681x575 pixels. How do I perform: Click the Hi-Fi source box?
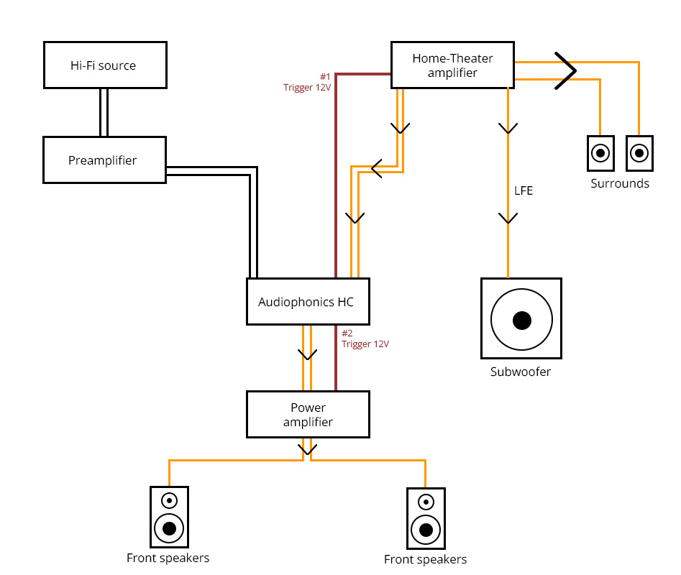pos(105,65)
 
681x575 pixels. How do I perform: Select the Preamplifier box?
pos(105,160)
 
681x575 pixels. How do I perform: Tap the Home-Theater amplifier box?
pos(452,65)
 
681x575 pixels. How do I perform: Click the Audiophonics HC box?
pos(308,302)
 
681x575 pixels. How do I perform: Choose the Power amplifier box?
pos(308,415)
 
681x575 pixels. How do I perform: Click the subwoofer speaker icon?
pos(521,319)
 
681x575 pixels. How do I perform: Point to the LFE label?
pos(523,191)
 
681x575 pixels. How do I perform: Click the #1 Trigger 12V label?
pos(308,82)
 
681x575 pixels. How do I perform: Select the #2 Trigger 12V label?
pos(365,339)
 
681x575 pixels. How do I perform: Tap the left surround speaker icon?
pos(600,153)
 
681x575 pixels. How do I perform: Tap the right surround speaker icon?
pos(639,153)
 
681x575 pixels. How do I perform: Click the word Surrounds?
pos(620,183)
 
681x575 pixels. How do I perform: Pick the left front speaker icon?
pos(169,516)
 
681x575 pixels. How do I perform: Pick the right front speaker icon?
pos(426,517)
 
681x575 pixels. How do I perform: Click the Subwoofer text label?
pos(521,372)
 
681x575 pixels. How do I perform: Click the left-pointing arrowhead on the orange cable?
pos(376,169)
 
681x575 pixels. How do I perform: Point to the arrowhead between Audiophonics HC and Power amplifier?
pos(308,354)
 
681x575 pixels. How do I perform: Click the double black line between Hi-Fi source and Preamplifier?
pos(104,112)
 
